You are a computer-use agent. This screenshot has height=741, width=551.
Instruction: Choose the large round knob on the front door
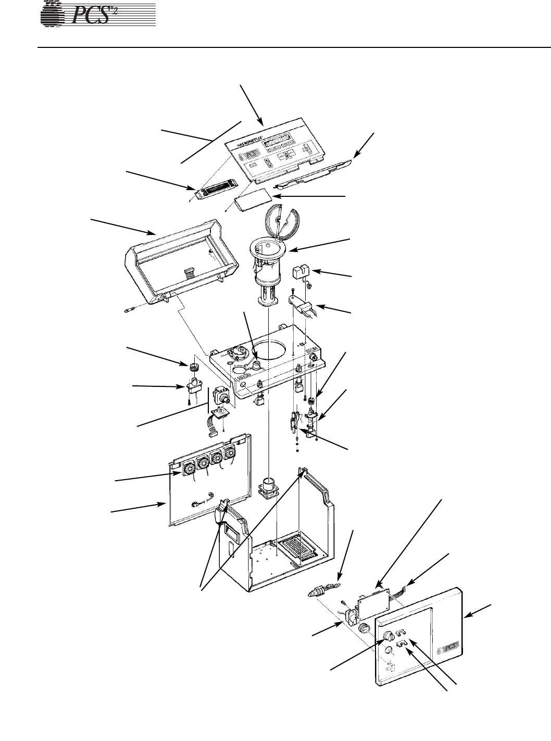(x=389, y=636)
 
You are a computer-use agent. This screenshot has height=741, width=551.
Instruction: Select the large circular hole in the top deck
(x=270, y=344)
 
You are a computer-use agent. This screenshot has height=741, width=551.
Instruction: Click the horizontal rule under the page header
(x=292, y=47)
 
